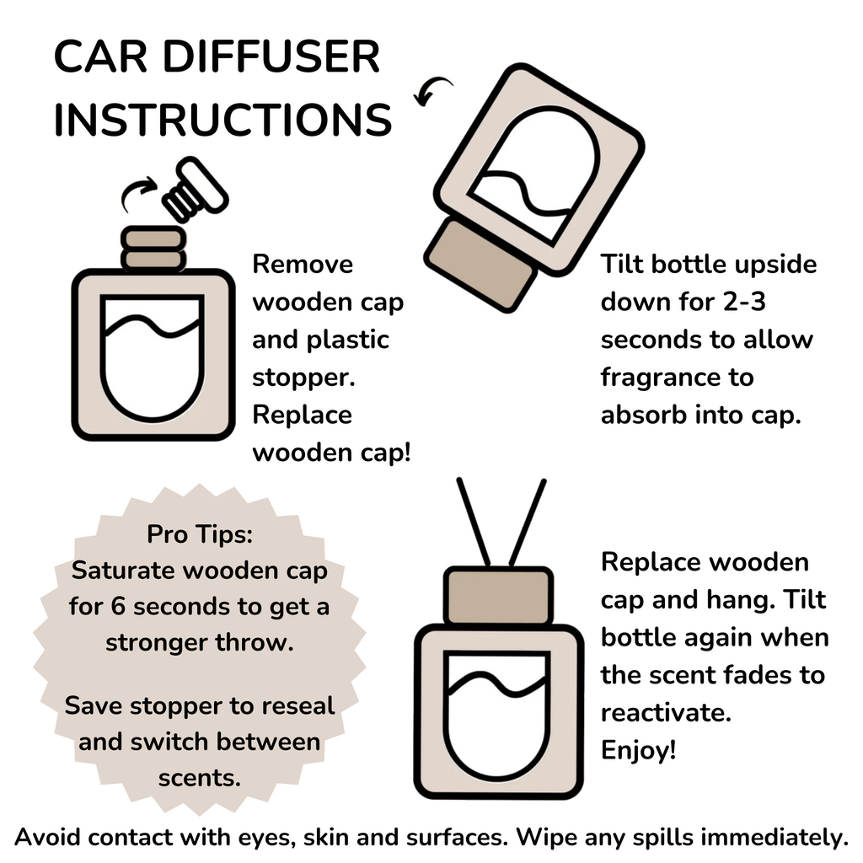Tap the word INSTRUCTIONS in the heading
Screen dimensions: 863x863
tap(222, 120)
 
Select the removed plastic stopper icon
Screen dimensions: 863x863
tap(194, 190)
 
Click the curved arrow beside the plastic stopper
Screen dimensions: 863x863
tap(138, 193)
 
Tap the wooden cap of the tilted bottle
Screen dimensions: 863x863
tap(481, 264)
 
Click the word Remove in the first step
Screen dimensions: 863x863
tap(303, 265)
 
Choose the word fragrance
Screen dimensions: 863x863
tap(666, 378)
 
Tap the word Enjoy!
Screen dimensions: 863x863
tap(639, 750)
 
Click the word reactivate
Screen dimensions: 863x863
tap(665, 713)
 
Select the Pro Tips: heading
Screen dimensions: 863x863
tap(200, 534)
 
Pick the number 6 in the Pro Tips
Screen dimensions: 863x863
tap(142, 607)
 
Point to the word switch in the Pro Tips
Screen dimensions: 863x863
tap(171, 742)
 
